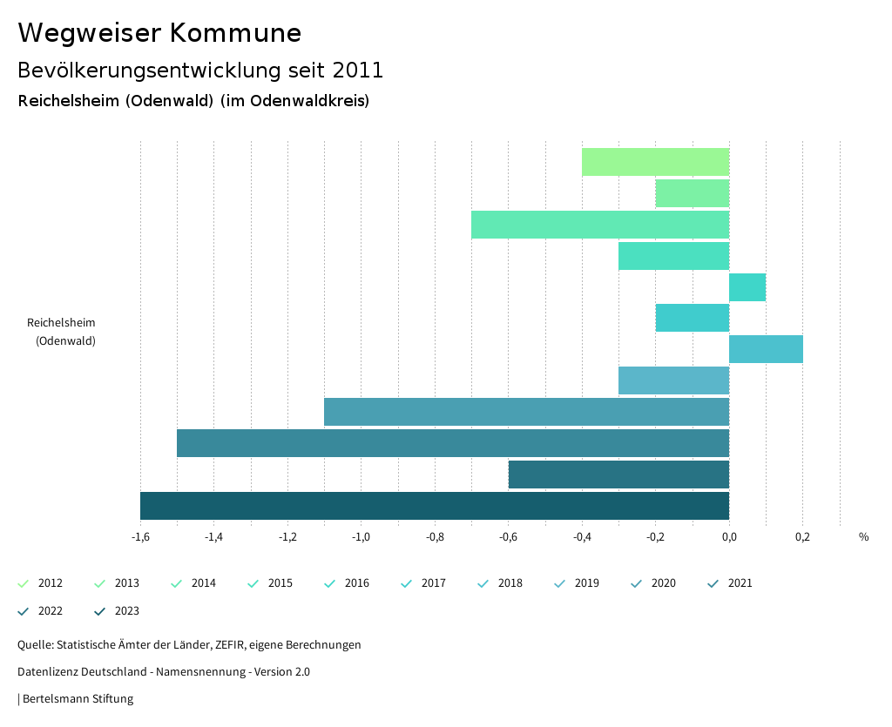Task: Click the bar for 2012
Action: click(655, 162)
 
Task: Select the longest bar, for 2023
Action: click(434, 506)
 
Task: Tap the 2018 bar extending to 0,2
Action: click(766, 349)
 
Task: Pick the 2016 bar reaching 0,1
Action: click(747, 287)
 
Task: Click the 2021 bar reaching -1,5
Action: click(452, 443)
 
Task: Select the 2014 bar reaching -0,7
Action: click(600, 225)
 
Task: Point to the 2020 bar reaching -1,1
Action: click(526, 412)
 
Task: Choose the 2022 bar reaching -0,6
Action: click(618, 475)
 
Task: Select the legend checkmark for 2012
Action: click(24, 583)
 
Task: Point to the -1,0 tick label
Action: click(361, 537)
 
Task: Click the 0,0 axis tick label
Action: click(729, 537)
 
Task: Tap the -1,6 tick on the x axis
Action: click(140, 537)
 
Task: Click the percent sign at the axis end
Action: click(863, 537)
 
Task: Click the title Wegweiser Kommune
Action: click(159, 33)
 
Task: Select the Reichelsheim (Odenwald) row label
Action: click(62, 332)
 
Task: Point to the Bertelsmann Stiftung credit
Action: click(78, 698)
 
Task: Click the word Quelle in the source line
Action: click(35, 645)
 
